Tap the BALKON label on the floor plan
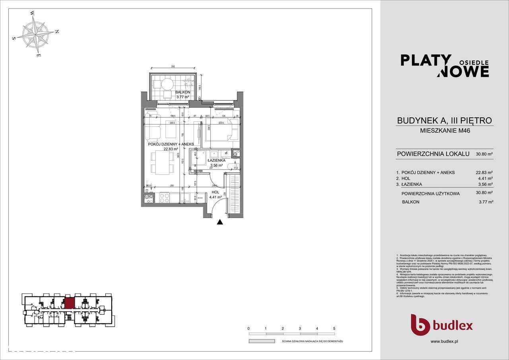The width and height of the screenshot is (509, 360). [171, 92]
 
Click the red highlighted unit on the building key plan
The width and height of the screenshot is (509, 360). [69, 303]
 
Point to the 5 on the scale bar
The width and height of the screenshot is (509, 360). [334, 329]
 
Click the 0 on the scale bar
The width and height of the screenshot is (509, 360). [248, 329]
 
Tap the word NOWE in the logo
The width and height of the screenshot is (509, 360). [464, 71]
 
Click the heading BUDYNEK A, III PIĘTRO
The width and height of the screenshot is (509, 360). [445, 121]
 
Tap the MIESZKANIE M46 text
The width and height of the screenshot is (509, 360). [445, 130]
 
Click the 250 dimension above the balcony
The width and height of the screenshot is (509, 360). [173, 67]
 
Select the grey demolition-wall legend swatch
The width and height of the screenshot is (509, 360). [262, 341]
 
